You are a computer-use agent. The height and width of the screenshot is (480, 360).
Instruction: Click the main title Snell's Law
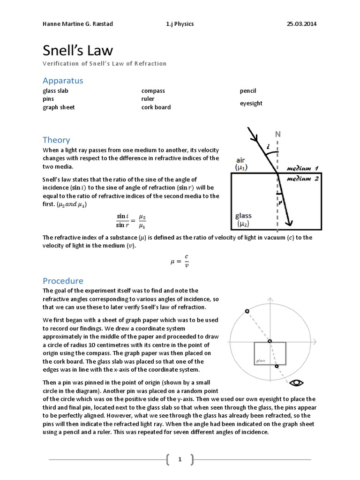(x=78, y=51)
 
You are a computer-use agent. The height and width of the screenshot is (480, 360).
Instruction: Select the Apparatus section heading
(x=63, y=81)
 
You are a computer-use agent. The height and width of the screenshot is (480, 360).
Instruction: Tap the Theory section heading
(x=56, y=140)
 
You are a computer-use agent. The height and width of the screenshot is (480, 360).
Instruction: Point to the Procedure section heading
(x=63, y=281)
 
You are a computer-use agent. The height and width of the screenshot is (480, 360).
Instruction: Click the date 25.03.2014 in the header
(x=301, y=24)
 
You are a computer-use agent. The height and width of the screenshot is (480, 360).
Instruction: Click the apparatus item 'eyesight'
(x=251, y=103)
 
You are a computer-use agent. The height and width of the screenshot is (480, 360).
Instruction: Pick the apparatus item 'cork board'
(x=156, y=107)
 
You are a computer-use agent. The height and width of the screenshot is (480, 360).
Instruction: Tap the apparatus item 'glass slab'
(x=55, y=91)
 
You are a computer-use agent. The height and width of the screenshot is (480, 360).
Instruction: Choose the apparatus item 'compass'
(x=153, y=91)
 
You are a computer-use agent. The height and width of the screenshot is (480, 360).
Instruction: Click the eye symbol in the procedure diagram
(x=296, y=383)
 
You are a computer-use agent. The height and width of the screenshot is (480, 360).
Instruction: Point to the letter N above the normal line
(x=277, y=134)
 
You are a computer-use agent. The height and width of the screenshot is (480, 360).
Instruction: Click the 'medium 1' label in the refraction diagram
(x=302, y=168)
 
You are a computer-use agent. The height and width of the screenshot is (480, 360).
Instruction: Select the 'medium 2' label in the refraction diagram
(x=302, y=179)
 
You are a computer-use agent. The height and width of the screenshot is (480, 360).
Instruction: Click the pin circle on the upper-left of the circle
(x=247, y=311)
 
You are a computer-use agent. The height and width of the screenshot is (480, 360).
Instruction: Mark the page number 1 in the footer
(x=180, y=460)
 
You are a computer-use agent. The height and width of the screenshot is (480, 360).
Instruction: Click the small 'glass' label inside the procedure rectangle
(x=261, y=360)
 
